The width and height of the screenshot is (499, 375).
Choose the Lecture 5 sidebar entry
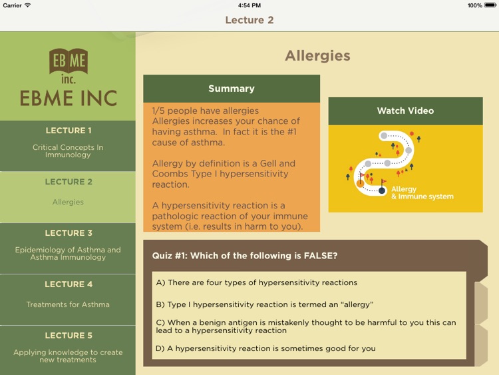tap(68, 347)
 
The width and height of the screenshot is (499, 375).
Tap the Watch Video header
tap(405, 111)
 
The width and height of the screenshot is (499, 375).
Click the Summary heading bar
tap(231, 89)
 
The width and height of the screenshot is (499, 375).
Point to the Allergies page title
tap(317, 56)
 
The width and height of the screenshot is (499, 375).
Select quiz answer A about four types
tap(256, 282)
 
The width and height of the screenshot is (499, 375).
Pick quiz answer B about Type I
tap(264, 304)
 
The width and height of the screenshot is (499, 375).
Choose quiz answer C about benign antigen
tap(306, 326)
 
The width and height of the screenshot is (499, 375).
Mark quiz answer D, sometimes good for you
tap(265, 348)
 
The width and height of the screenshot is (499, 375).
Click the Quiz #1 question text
tap(244, 256)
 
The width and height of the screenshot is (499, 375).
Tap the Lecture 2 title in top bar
tap(249, 20)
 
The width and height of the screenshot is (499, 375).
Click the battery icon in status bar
tap(491, 5)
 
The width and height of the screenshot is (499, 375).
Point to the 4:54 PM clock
tap(249, 5)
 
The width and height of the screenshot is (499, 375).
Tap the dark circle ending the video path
tap(382, 190)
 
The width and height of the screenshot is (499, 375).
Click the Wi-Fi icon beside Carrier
tap(27, 5)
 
